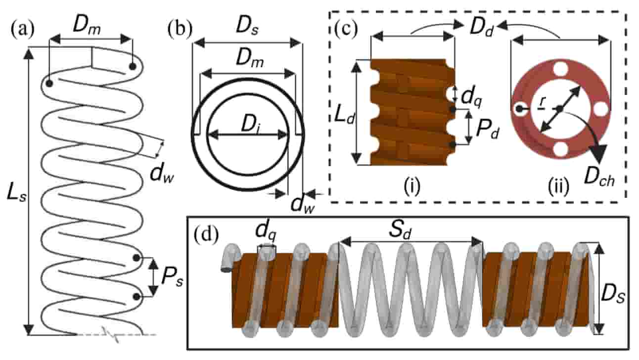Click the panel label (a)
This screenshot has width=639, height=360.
pyautogui.click(x=23, y=29)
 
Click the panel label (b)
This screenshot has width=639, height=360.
pyautogui.click(x=180, y=29)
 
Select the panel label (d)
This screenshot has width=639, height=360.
pyautogui.click(x=206, y=234)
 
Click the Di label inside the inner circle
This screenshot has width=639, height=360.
pyautogui.click(x=250, y=126)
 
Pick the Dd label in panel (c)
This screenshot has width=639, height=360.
pyautogui.click(x=482, y=28)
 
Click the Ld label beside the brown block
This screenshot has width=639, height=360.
pyautogui.click(x=345, y=115)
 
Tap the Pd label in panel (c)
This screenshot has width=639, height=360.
pyautogui.click(x=488, y=130)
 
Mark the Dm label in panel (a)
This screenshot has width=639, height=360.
pyautogui.click(x=87, y=27)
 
